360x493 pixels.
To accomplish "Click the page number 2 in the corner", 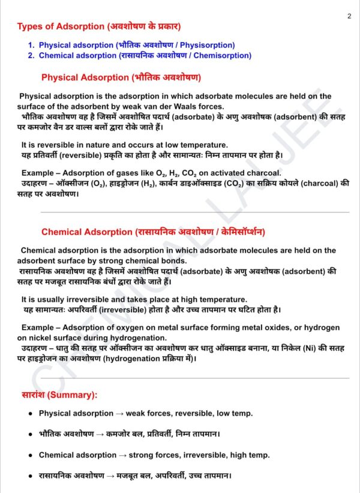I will click(349, 16).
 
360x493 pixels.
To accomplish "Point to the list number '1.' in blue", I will click(31, 45).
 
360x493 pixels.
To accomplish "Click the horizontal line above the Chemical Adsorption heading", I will click(194, 212).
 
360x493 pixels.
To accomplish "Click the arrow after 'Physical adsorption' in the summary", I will click(119, 414).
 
